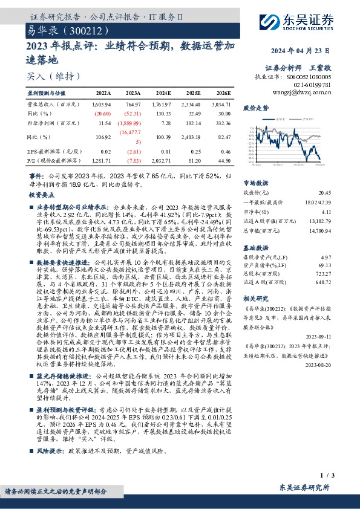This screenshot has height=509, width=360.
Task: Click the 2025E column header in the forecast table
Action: pos(194,94)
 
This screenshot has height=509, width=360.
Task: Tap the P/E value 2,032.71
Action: pos(163,161)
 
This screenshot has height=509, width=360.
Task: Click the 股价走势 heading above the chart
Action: pos(255,108)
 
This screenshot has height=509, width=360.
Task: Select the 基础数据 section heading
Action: pos(255,248)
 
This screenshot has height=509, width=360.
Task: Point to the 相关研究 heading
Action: pos(255,299)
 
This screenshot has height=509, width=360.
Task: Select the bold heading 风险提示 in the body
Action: pos(47,450)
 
